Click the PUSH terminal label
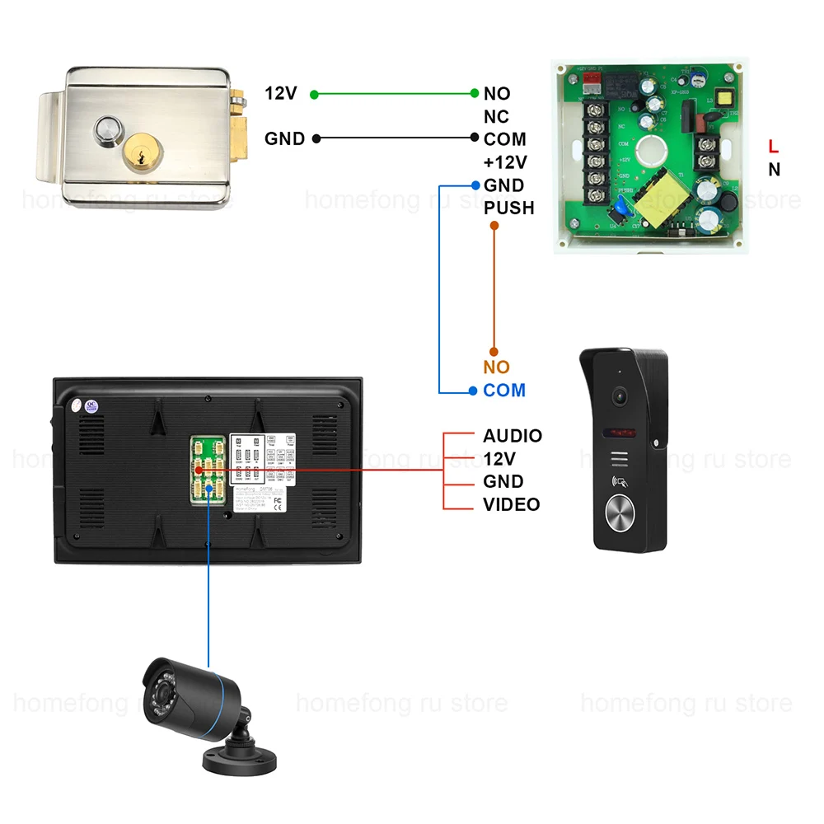click(x=508, y=208)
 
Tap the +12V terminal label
click(x=505, y=162)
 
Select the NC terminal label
click(x=496, y=117)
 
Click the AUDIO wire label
click(x=513, y=436)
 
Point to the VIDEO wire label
click(x=512, y=504)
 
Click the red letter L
click(x=773, y=147)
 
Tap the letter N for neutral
click(x=774, y=171)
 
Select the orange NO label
click(x=497, y=368)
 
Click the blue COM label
click(x=504, y=391)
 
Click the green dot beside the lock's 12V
click(x=314, y=94)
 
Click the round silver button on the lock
click(x=107, y=129)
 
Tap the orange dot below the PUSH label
click(x=494, y=225)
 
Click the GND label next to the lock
click(x=285, y=139)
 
